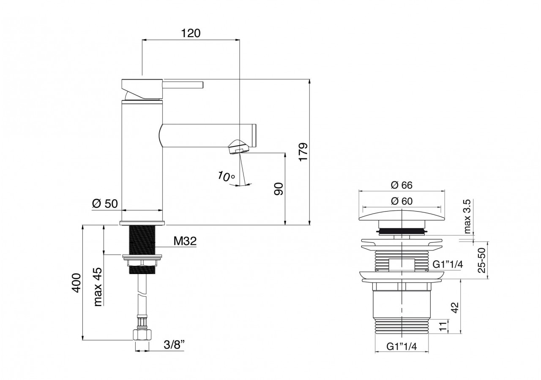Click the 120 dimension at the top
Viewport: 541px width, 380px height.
[x=191, y=33]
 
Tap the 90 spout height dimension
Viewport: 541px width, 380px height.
[x=278, y=189]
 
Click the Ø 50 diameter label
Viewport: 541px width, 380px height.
[x=104, y=204]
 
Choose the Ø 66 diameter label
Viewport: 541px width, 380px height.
[x=402, y=185]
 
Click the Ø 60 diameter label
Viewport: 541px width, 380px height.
[x=402, y=201]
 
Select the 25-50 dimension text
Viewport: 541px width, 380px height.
[x=481, y=260]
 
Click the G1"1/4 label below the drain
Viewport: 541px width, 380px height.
[x=402, y=347]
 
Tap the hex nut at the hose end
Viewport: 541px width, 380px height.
[x=142, y=335]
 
